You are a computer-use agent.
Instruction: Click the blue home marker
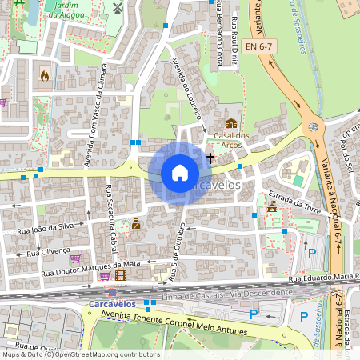180,173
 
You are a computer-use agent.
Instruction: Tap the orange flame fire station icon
44,76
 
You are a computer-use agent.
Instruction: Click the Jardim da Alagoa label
66,9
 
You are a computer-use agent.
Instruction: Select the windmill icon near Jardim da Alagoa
118,8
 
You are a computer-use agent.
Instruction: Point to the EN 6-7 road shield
262,49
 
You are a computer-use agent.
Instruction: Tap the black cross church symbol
210,158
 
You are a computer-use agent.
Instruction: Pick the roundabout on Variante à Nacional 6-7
312,125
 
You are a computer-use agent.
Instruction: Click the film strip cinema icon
120,275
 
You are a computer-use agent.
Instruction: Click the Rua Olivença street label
44,250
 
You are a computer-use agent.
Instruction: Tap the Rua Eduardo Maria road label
323,278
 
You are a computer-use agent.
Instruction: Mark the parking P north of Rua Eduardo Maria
312,254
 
